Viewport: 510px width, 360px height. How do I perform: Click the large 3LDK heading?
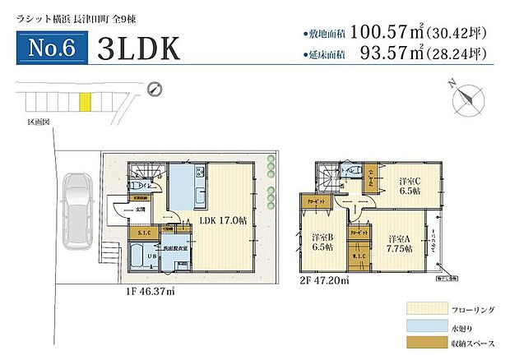[x=138, y=48]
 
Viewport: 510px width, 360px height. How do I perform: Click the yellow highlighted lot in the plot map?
[x=83, y=102]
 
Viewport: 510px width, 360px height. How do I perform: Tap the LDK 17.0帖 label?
[x=216, y=219]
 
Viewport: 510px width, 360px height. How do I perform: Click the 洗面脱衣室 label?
[x=177, y=247]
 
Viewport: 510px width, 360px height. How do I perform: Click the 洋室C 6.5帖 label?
[x=410, y=185]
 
